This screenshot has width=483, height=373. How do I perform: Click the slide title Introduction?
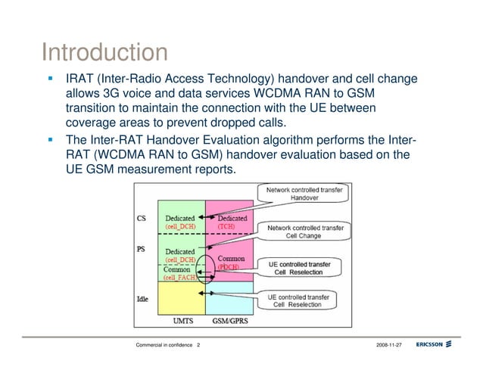104,53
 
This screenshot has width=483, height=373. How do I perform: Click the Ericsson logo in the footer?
434,345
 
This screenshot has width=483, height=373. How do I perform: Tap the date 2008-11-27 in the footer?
388,346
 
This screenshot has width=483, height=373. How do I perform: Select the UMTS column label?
182,320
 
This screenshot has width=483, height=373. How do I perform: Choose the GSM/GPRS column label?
229,320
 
